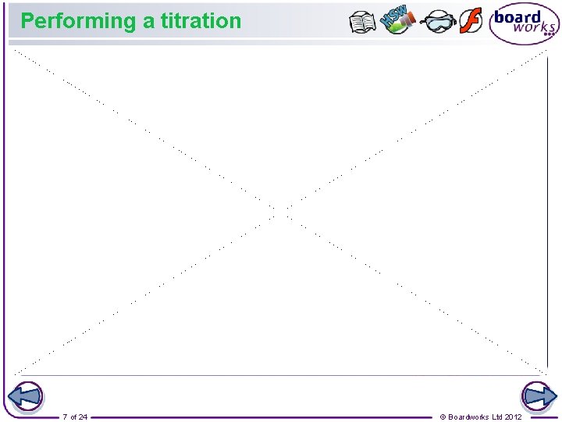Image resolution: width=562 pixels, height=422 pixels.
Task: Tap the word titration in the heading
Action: tap(201, 21)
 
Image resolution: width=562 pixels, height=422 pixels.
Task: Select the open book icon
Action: tap(363, 22)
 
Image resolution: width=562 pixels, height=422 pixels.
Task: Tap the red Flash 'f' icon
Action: tap(471, 21)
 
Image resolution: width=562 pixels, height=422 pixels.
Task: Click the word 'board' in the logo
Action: tap(518, 17)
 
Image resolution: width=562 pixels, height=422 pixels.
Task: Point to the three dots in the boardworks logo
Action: tap(549, 34)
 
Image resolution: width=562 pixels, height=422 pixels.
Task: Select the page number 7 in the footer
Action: tap(66, 417)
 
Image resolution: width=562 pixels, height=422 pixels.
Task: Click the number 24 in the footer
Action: tap(83, 417)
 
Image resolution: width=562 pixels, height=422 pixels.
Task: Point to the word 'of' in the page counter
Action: tap(73, 417)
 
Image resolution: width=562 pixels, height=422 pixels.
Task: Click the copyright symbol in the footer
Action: tap(443, 417)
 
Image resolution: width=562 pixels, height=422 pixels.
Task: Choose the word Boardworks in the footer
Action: tap(469, 417)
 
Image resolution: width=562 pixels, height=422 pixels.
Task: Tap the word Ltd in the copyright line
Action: tap(497, 417)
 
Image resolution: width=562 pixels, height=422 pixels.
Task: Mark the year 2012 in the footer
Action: tap(514, 417)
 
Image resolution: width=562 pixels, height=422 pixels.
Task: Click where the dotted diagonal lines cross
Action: tap(280, 211)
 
